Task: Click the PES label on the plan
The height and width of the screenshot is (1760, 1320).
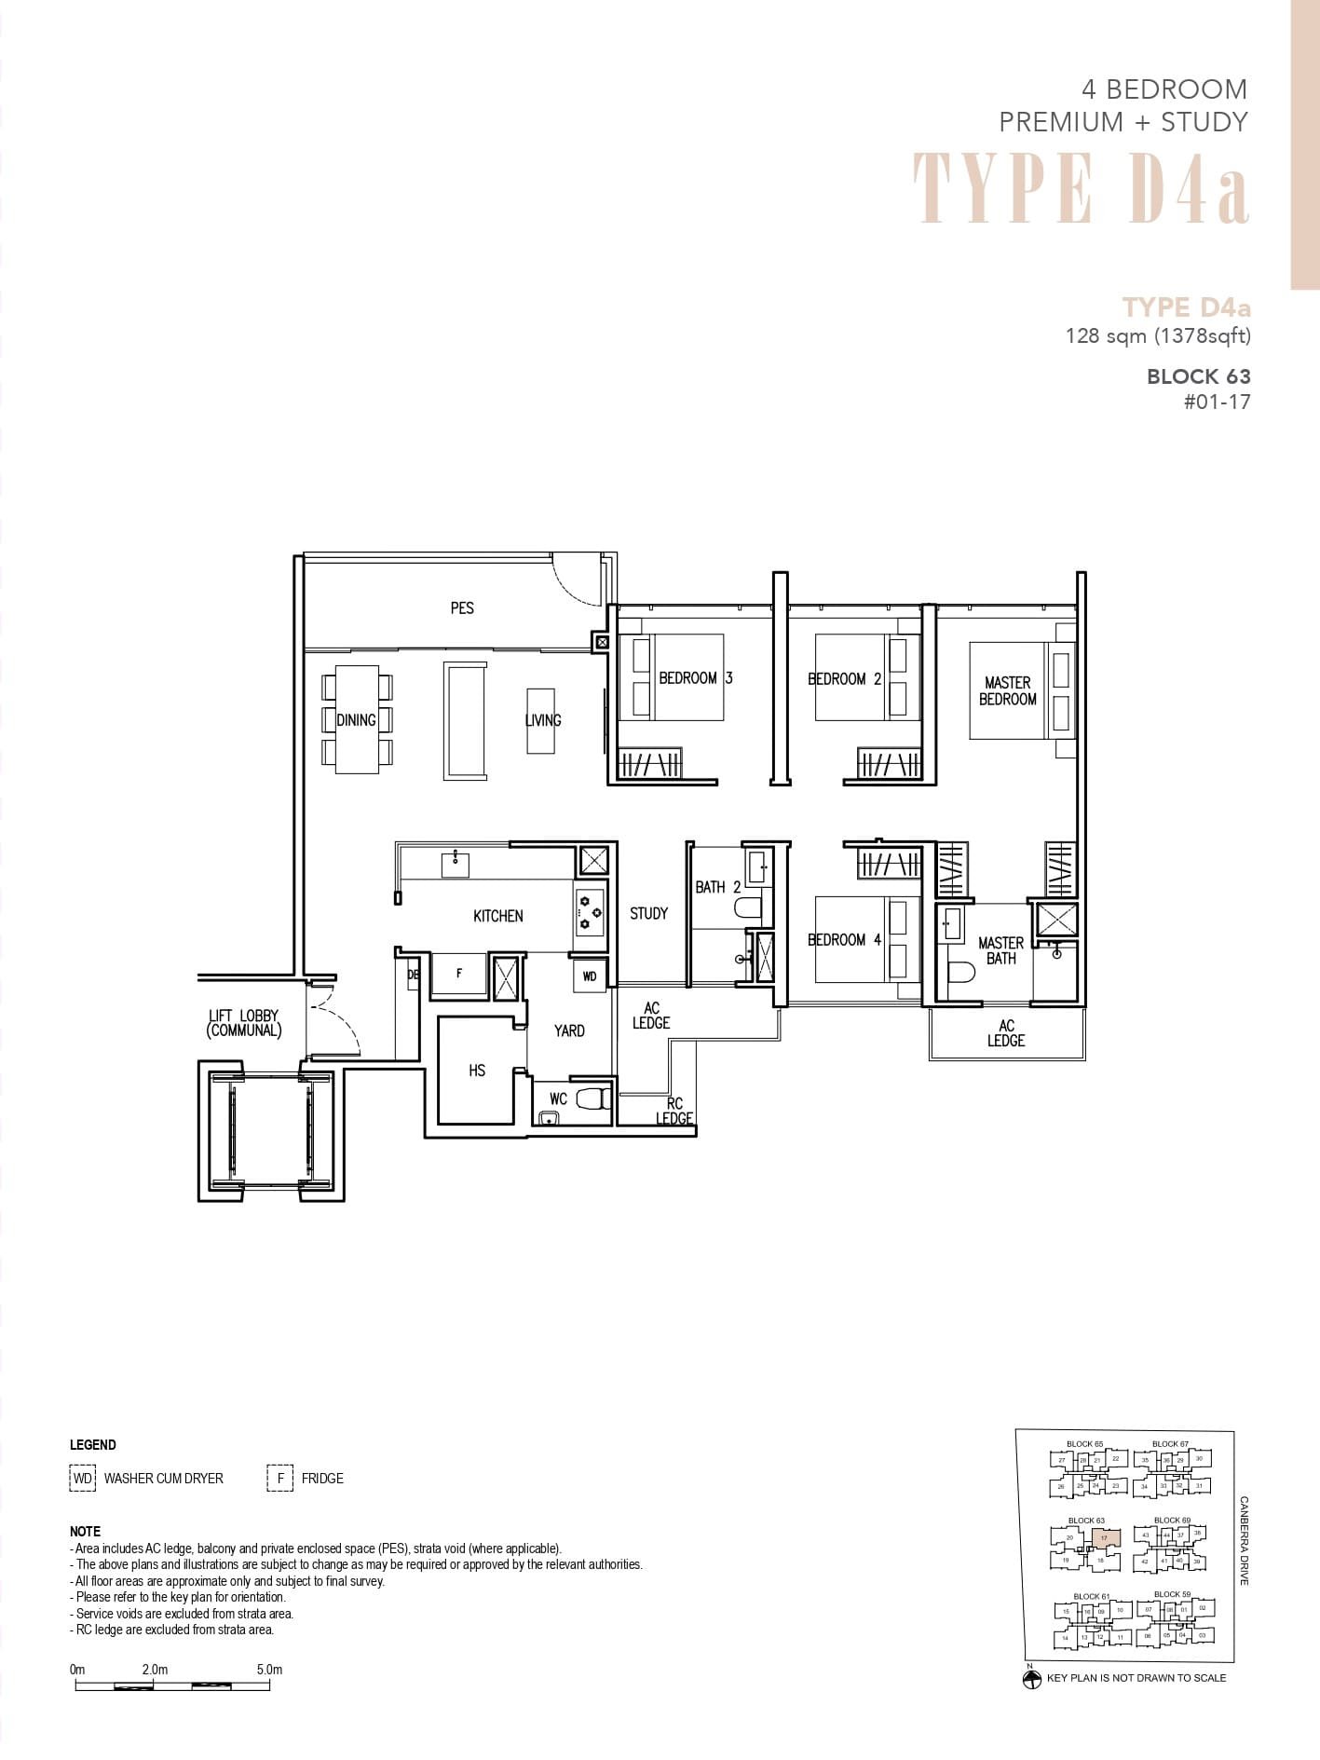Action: click(462, 608)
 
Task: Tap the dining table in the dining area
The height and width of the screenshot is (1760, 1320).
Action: click(357, 719)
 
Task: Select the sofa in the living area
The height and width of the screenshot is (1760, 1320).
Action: click(465, 720)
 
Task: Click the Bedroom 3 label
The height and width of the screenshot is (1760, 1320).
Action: click(695, 678)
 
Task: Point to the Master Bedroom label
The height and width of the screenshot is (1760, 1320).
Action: click(1007, 690)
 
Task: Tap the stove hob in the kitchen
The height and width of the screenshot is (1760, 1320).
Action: click(589, 912)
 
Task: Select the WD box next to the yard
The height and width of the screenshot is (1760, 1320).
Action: click(590, 976)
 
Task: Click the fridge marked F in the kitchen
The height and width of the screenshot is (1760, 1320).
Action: click(459, 975)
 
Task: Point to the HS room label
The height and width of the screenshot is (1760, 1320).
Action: click(477, 1071)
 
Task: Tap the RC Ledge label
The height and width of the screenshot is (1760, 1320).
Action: click(674, 1111)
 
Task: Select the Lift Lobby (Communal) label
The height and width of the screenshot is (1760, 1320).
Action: click(243, 1023)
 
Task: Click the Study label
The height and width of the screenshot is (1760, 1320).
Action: click(648, 913)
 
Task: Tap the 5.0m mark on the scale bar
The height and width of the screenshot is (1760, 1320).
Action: click(269, 1670)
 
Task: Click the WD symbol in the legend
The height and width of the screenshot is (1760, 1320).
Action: click(83, 1478)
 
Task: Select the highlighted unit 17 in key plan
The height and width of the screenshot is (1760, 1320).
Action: click(1104, 1538)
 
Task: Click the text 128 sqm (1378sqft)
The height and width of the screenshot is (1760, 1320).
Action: click(1157, 335)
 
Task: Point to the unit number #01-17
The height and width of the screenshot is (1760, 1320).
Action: click(1216, 402)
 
